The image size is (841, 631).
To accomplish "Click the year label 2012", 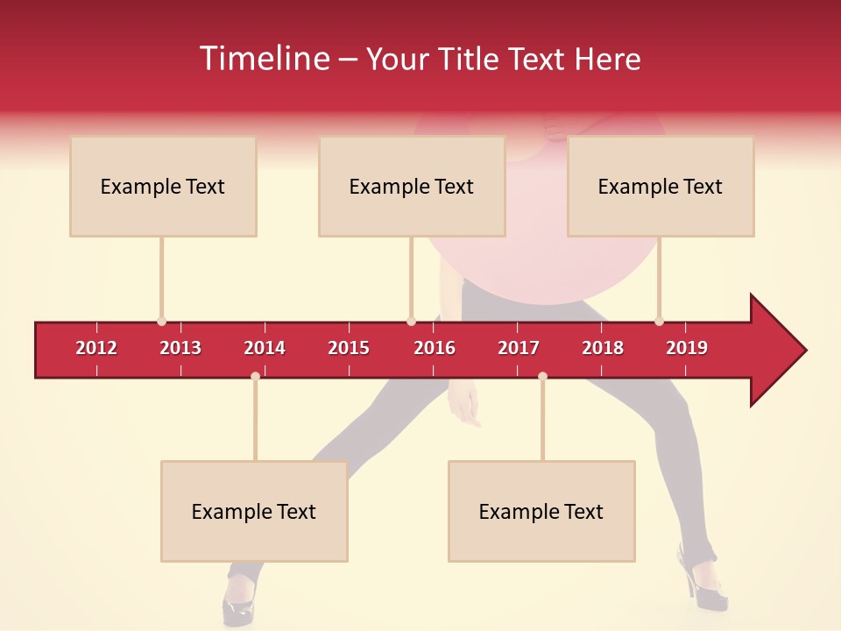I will [96, 348].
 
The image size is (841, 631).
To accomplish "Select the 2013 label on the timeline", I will [180, 348].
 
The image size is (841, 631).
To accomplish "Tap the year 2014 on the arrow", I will [265, 348].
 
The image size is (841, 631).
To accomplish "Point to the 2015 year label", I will [349, 348].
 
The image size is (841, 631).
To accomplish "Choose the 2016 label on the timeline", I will [435, 348].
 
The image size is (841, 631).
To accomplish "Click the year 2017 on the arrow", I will [519, 348].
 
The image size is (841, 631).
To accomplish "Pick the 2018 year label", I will [603, 348].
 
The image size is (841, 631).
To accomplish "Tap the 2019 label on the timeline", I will [687, 348].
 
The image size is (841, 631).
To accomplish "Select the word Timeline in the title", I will [264, 59].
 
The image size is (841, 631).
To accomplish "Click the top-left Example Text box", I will [163, 186].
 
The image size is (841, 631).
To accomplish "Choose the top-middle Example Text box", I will [412, 186].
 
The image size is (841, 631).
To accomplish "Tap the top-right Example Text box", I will [661, 186].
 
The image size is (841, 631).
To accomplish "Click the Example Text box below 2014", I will [254, 511].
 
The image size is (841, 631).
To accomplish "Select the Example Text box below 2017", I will [541, 511].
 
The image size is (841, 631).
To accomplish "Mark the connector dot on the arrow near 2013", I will [161, 322].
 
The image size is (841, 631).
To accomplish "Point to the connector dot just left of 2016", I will [411, 322].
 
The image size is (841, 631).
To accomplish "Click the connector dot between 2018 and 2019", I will [659, 322].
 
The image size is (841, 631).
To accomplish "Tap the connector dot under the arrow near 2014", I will [255, 376].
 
